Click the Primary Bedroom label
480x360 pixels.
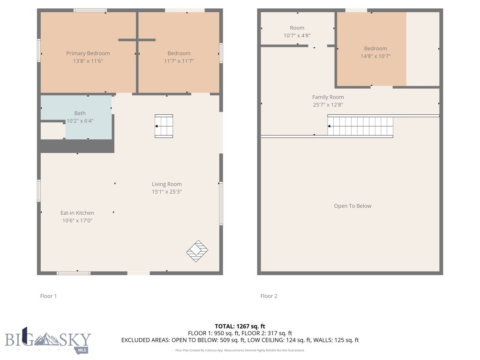pos(88,53)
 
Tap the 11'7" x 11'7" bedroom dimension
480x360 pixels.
pos(179,61)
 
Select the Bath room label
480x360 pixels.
pos(80,113)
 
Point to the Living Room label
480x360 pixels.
pos(166,184)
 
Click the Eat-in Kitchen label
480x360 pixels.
pos(77,213)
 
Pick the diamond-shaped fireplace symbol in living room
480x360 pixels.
pos(197,251)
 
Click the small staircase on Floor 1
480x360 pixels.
pos(164,126)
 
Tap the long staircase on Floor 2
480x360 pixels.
pos(360,127)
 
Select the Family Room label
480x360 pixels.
pos(328,97)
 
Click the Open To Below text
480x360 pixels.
pos(352,206)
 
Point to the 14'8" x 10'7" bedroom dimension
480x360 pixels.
pos(375,56)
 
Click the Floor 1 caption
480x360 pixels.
pos(48,296)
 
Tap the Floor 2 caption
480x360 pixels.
pos(269,296)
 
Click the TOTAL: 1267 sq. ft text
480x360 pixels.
pos(240,326)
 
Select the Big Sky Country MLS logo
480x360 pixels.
pos(48,340)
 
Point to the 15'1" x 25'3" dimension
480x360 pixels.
pos(166,192)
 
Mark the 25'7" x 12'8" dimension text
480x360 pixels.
pos(328,105)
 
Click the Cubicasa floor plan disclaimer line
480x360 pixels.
pos(240,350)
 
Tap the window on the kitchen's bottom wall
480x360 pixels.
pos(74,273)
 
